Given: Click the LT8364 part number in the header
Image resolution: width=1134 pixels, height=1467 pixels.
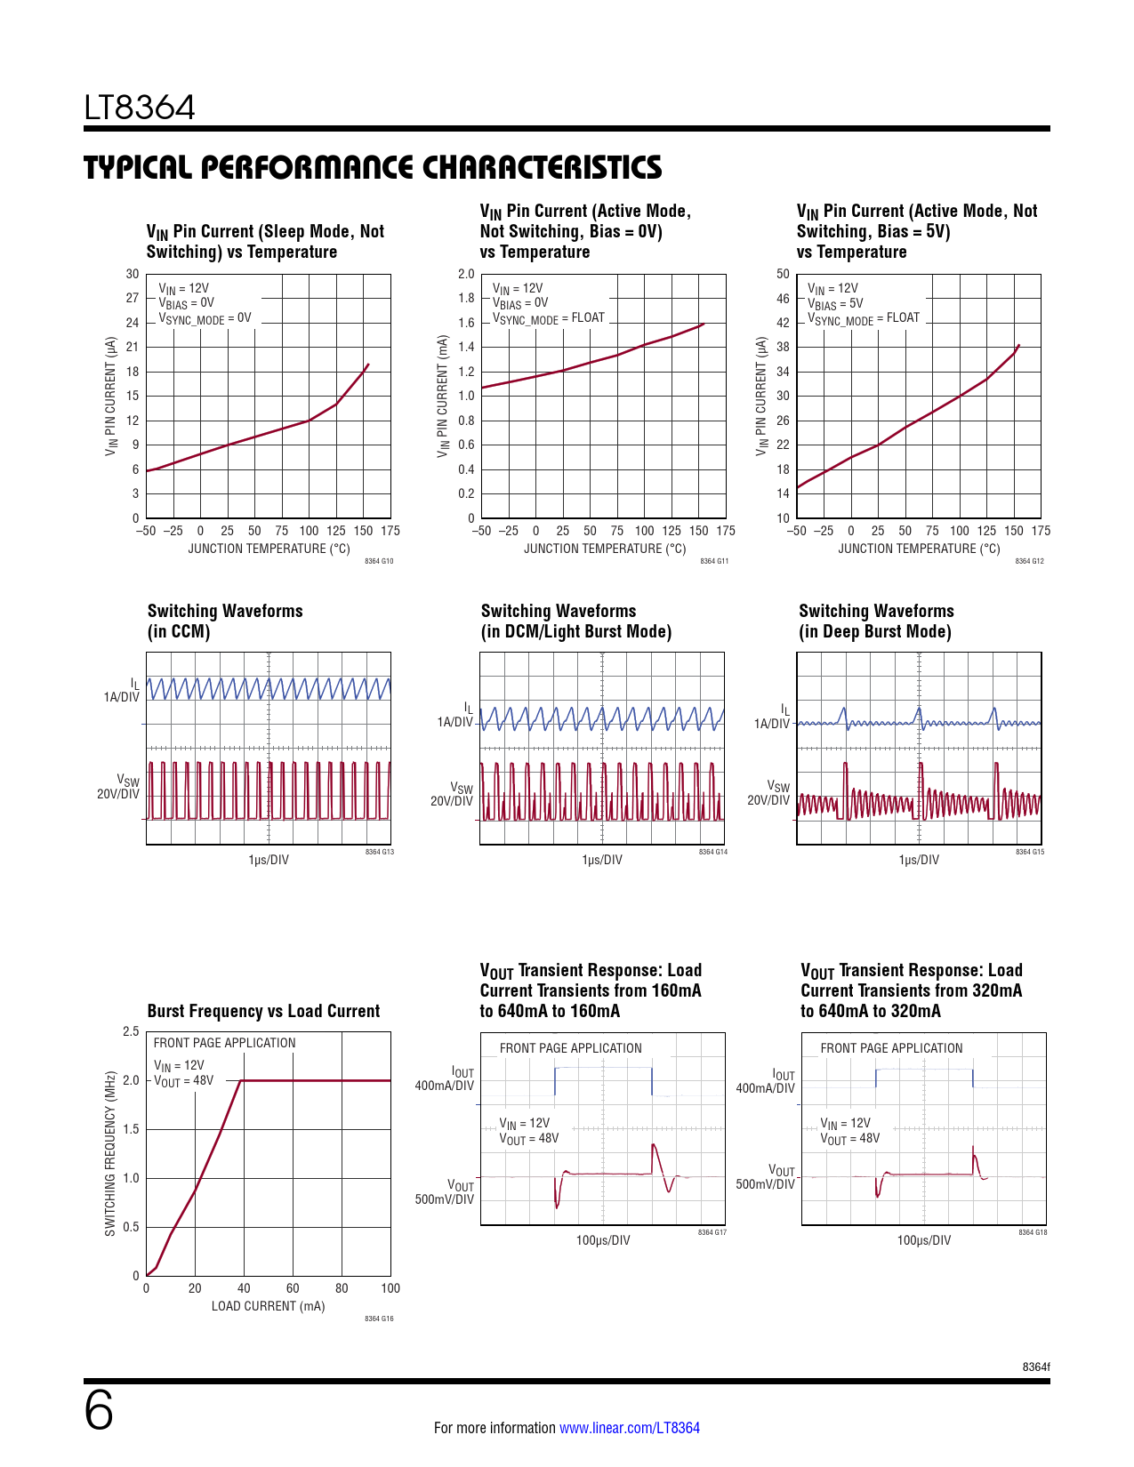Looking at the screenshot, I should coord(140,108).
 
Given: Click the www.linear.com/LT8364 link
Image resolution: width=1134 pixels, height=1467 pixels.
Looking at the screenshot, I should coord(629,1428).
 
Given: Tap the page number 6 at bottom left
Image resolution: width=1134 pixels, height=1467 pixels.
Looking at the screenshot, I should coord(99,1411).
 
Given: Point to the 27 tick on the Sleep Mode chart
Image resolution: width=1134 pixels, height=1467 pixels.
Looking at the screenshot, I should coord(132,299).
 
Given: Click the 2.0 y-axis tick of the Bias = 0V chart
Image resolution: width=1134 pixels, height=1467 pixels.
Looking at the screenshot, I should coord(466,275).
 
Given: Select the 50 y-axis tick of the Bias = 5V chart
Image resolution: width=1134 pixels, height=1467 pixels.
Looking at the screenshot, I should coord(783,275).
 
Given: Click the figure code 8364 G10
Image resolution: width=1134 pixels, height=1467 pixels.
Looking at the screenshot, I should coord(379,562).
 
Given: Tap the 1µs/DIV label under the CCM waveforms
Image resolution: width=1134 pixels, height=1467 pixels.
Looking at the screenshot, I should coord(269,860).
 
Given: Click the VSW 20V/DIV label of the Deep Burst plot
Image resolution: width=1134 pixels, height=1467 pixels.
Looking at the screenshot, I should coord(769,793).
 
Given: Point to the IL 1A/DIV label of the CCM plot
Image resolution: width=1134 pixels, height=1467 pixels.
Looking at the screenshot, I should coord(123,691).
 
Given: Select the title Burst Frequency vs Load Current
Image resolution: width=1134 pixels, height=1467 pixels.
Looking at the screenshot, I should coord(263,1011).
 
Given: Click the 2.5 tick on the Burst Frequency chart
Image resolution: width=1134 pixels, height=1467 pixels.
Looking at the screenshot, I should coord(131,1032).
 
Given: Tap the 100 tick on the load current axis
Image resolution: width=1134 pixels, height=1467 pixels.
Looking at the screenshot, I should coord(390,1288).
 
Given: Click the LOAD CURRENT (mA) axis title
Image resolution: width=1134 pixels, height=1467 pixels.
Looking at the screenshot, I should coord(268,1306).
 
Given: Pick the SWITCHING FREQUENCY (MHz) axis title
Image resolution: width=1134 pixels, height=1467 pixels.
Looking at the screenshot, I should coord(110,1154).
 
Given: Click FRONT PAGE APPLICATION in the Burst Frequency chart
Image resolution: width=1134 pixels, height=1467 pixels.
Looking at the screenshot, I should coord(224,1043).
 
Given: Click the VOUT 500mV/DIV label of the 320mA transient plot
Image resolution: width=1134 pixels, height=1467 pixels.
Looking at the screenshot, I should coord(767,1177).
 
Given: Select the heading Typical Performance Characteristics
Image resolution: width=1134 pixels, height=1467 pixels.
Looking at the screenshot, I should coord(373,168).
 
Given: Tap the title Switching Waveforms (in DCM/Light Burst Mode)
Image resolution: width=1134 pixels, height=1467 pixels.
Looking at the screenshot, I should coord(575,621).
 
